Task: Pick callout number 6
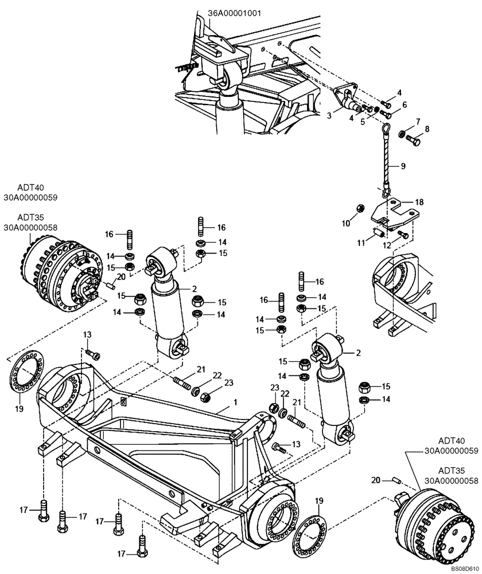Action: click(405, 104)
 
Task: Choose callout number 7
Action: click(418, 121)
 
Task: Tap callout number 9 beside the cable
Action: click(403, 166)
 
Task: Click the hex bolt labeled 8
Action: click(415, 139)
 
